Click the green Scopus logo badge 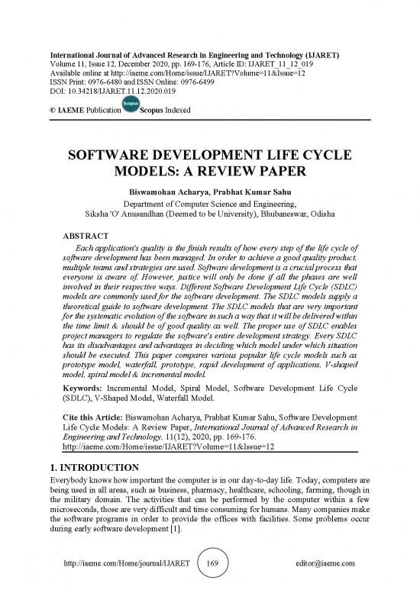[131, 107]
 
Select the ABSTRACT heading [86, 237]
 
